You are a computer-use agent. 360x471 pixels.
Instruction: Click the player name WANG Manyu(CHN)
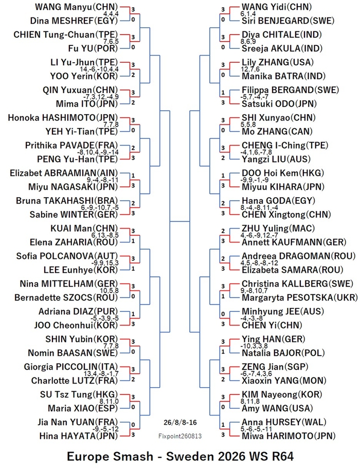point(76,7)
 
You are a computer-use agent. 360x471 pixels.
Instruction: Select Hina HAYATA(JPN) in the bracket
point(78,436)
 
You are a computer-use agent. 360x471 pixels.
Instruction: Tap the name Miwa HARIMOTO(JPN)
point(289,436)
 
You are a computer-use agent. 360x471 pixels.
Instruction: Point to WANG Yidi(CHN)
point(277,7)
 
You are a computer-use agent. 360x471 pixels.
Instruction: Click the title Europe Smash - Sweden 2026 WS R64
point(180,457)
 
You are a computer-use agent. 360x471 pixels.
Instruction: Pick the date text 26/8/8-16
point(181,422)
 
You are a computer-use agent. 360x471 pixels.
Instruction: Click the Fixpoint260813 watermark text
point(180,436)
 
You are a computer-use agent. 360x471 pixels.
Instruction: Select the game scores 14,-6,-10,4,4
point(99,69)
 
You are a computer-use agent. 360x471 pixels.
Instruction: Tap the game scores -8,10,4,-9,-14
point(98,152)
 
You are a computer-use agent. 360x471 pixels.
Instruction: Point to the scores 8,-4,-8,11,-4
point(259,207)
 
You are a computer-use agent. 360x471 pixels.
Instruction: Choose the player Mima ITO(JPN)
point(87,103)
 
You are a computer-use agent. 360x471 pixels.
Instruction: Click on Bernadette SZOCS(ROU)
point(66,298)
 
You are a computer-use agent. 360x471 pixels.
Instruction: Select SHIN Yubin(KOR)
point(82,339)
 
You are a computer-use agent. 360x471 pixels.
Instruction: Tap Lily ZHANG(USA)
point(278,62)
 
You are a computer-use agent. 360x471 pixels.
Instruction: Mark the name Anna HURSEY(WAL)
point(284,422)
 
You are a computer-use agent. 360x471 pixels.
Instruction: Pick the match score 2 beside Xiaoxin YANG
point(223,380)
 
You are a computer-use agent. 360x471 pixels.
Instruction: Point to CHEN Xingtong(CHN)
point(286,215)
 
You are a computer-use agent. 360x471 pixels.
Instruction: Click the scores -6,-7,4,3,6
point(256,374)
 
